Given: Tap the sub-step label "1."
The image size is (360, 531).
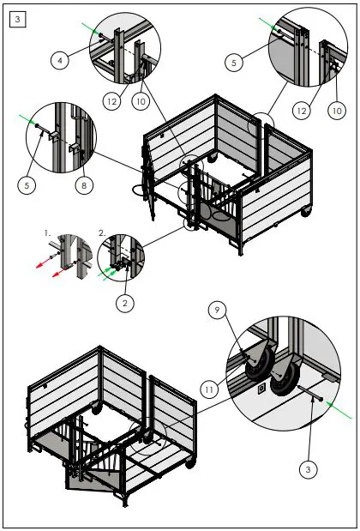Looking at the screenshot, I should pos(48,232).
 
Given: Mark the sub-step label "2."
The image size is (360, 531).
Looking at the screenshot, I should pos(102,232).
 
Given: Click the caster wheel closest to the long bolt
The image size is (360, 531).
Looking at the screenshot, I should pos(282,382).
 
